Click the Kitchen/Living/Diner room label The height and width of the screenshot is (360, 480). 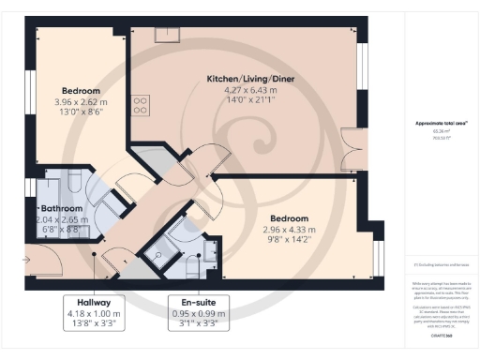[250, 80]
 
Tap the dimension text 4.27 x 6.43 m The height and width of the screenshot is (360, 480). [250, 91]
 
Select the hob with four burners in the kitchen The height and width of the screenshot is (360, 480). [142, 104]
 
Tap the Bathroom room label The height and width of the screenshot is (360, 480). [62, 208]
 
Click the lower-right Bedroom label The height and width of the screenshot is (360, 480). [288, 217]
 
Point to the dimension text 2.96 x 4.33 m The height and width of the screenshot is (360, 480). [288, 229]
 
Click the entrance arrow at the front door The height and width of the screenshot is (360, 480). [32, 253]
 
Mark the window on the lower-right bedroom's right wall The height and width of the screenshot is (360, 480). [379, 252]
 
